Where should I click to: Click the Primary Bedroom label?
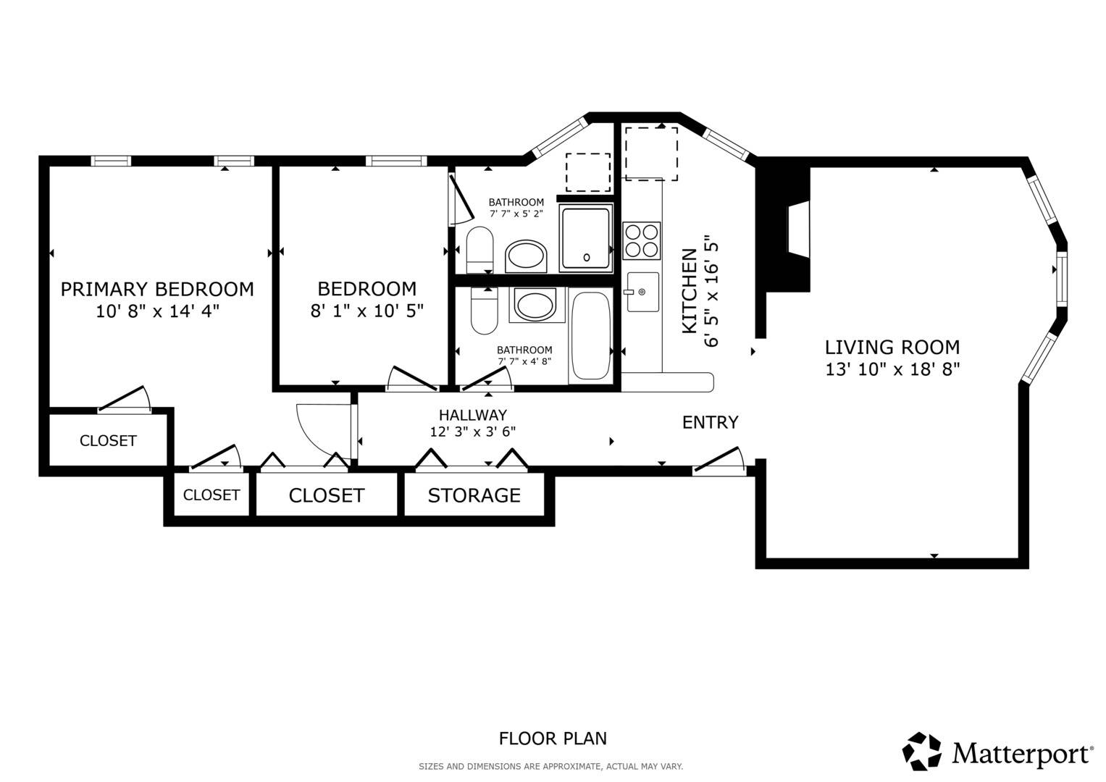tap(157, 289)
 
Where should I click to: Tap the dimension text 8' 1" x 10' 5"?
tap(367, 311)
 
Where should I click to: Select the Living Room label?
tap(892, 347)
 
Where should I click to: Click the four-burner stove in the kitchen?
tap(642, 240)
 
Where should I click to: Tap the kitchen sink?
tap(643, 292)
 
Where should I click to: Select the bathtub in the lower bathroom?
tap(591, 336)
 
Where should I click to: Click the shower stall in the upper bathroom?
tap(586, 238)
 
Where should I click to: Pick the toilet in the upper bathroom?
tap(479, 250)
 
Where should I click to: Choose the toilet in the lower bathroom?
tap(485, 311)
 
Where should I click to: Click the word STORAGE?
tap(474, 495)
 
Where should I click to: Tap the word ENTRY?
tap(710, 422)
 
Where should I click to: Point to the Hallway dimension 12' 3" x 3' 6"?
tap(472, 432)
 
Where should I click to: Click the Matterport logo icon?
tap(921, 752)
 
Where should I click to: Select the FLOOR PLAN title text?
tap(553, 738)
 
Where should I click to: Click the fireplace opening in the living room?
tap(798, 230)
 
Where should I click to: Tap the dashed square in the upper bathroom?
tap(587, 172)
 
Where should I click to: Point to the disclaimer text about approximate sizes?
tap(550, 767)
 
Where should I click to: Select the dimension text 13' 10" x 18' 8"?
tap(892, 369)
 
